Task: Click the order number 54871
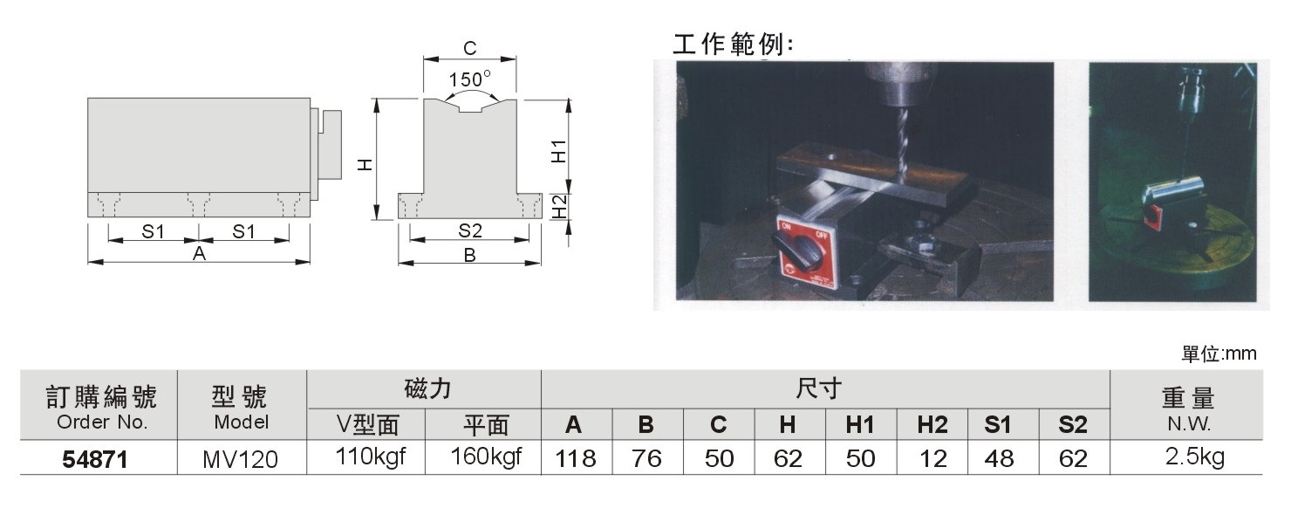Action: tap(94, 460)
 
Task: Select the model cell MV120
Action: tap(241, 460)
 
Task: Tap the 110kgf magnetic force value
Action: tap(371, 457)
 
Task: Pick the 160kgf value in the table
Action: tap(486, 457)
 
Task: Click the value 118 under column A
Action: tap(575, 459)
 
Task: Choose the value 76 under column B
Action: tap(646, 459)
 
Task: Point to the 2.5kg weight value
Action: tap(1195, 457)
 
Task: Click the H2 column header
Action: tap(932, 425)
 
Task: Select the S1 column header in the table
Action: tap(998, 425)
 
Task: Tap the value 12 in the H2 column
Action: tap(933, 459)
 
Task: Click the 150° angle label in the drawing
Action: tap(469, 79)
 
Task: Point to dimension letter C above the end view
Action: tap(469, 48)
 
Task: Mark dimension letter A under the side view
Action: tap(199, 254)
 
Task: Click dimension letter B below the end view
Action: tap(469, 255)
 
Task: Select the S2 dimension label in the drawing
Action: tap(469, 230)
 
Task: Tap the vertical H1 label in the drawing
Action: tap(558, 151)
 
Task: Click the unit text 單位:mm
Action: tap(1219, 354)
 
